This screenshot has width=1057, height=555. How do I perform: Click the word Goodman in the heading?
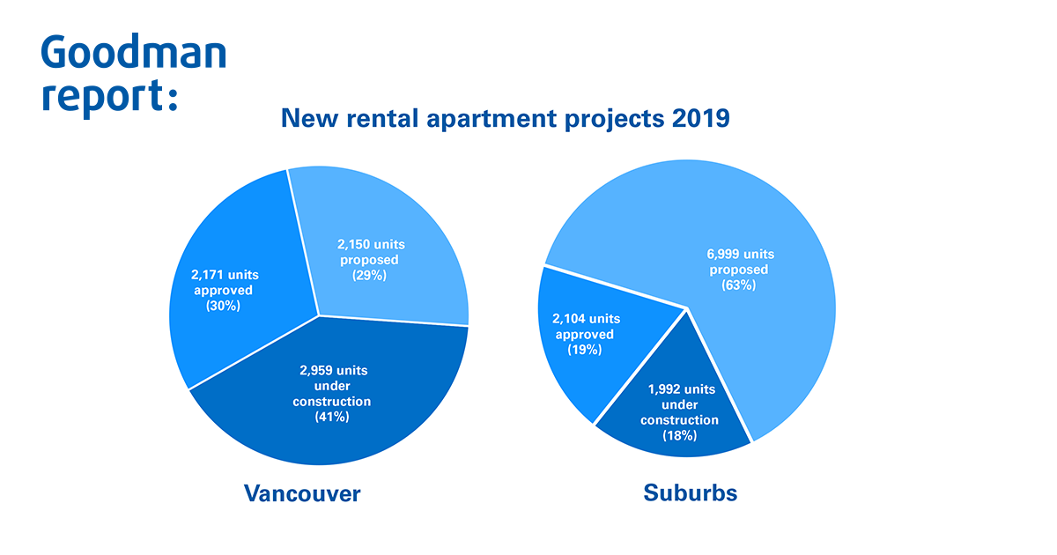point(134,51)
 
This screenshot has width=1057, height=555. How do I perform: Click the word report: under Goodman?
point(110,96)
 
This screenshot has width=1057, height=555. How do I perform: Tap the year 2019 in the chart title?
point(701,117)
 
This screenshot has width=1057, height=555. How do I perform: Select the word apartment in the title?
point(492,118)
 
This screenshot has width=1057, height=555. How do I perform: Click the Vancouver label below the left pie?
point(302,493)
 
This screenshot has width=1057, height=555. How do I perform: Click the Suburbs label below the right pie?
point(690,492)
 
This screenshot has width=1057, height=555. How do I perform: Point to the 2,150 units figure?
point(371,245)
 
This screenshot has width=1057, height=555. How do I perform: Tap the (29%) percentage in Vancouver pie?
point(369,275)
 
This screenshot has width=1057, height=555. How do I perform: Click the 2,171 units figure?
point(225,275)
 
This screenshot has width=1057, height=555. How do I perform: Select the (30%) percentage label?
point(223,306)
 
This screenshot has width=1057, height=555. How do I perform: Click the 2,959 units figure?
point(333,371)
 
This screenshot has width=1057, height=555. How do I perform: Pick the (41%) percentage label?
point(332,416)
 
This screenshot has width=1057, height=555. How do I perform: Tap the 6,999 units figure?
point(741,255)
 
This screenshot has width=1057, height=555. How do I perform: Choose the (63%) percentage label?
point(738,285)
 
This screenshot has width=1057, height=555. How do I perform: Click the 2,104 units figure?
point(586,319)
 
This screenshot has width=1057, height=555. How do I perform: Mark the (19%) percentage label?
point(584,350)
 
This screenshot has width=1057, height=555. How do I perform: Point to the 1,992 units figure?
point(682,389)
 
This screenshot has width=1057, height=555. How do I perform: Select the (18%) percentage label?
point(679,435)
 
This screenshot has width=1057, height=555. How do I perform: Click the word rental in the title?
point(382,117)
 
